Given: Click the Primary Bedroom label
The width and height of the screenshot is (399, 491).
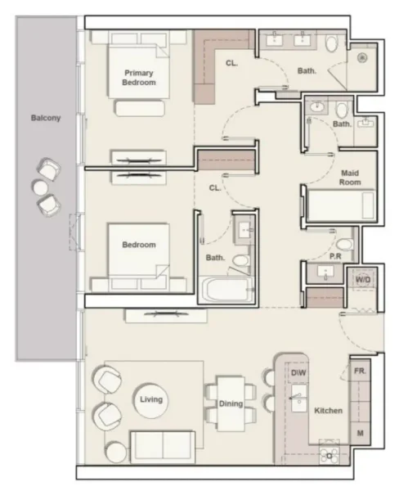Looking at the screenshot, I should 138,77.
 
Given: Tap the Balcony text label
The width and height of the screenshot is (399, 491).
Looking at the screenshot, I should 46,118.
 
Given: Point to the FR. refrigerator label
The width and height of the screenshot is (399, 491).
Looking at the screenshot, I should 361,370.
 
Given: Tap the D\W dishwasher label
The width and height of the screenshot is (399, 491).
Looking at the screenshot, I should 298,374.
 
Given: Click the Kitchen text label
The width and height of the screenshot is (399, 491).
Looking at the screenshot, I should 329,410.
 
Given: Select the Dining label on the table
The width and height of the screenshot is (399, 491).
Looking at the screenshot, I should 231,403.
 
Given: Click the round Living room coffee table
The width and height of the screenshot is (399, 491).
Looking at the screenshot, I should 151,400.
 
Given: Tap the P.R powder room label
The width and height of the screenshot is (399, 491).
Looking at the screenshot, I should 334,255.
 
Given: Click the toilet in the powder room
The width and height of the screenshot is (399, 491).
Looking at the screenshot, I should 344,245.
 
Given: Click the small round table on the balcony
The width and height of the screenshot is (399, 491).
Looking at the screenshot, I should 40,187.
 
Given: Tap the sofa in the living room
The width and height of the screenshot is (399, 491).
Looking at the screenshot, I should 162,448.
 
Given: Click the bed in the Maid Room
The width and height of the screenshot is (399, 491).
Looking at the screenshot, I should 339,205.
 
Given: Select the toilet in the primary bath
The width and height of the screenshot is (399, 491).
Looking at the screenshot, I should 331,46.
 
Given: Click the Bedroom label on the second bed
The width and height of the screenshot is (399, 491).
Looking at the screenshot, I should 138,245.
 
